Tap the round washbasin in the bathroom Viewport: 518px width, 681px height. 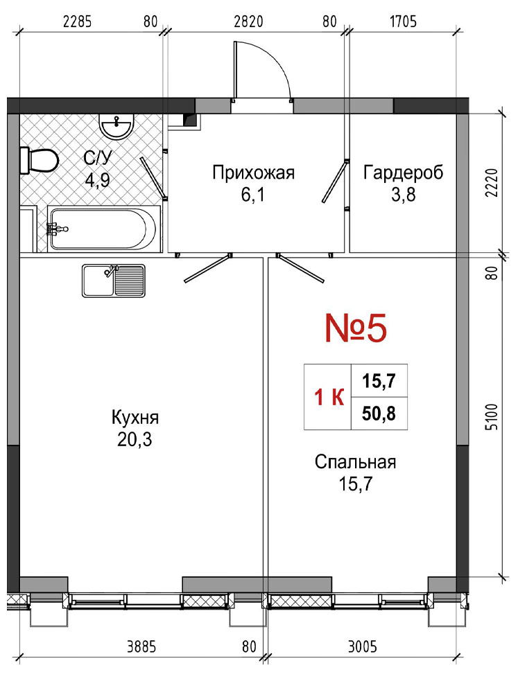tap(116, 125)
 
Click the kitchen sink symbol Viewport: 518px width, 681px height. tap(114, 281)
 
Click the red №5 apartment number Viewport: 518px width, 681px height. tap(356, 329)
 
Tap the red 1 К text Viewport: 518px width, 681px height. tap(329, 397)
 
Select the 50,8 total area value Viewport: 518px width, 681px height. tap(379, 414)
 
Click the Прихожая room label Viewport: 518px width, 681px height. tap(253, 173)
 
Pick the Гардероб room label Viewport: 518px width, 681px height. tap(404, 173)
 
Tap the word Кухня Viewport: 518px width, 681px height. tap(135, 418)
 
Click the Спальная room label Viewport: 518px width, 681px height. tap(356, 461)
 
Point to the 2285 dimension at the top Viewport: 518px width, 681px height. tap(78, 21)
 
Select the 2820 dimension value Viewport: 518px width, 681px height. tap(248, 21)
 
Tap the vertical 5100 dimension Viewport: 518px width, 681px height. tap(491, 417)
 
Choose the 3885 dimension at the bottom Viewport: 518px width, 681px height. tap(141, 647)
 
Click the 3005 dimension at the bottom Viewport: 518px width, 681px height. tap(363, 647)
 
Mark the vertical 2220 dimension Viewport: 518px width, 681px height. tap(491, 182)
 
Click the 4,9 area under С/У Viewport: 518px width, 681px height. tap(97, 179)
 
